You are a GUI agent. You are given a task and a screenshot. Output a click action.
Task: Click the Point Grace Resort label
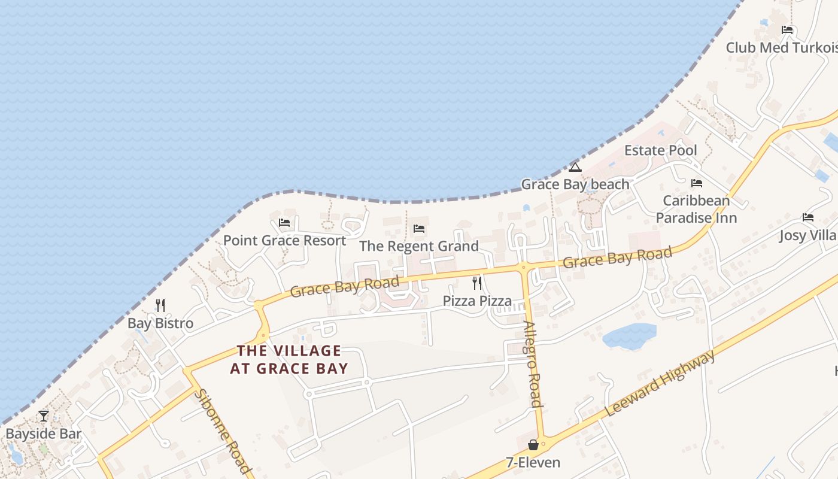click(x=284, y=240)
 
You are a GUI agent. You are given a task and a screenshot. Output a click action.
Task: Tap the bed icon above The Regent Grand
click(x=419, y=229)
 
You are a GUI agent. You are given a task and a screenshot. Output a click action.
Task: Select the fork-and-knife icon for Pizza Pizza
click(x=477, y=283)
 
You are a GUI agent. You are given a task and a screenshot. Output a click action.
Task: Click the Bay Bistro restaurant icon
click(x=160, y=305)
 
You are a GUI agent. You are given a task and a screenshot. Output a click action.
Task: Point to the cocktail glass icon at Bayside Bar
click(x=44, y=416)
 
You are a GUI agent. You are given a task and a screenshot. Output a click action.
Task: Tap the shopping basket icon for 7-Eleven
click(x=533, y=445)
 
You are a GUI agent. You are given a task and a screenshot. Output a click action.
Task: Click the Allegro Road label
click(x=533, y=364)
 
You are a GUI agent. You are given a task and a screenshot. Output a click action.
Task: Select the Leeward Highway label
click(x=660, y=384)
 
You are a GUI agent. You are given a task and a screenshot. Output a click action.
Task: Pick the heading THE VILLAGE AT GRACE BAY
click(x=289, y=359)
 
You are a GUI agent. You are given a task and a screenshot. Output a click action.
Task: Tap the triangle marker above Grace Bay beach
click(x=575, y=167)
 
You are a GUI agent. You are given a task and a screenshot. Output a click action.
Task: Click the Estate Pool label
click(x=661, y=150)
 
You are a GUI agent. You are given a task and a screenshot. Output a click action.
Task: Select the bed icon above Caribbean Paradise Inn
click(x=696, y=183)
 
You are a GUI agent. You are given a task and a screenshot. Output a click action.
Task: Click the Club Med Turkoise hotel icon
click(x=787, y=30)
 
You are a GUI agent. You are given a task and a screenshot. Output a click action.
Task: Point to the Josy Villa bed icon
click(x=808, y=217)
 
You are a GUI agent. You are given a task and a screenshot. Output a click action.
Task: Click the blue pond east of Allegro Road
click(x=630, y=336)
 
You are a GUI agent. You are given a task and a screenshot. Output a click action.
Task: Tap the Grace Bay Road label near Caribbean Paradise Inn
click(x=617, y=257)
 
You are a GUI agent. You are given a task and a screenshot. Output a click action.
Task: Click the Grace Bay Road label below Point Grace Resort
click(x=345, y=287)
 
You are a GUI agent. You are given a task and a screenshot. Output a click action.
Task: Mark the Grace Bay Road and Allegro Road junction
click(x=524, y=268)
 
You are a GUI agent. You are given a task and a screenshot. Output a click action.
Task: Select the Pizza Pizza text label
click(x=477, y=301)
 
